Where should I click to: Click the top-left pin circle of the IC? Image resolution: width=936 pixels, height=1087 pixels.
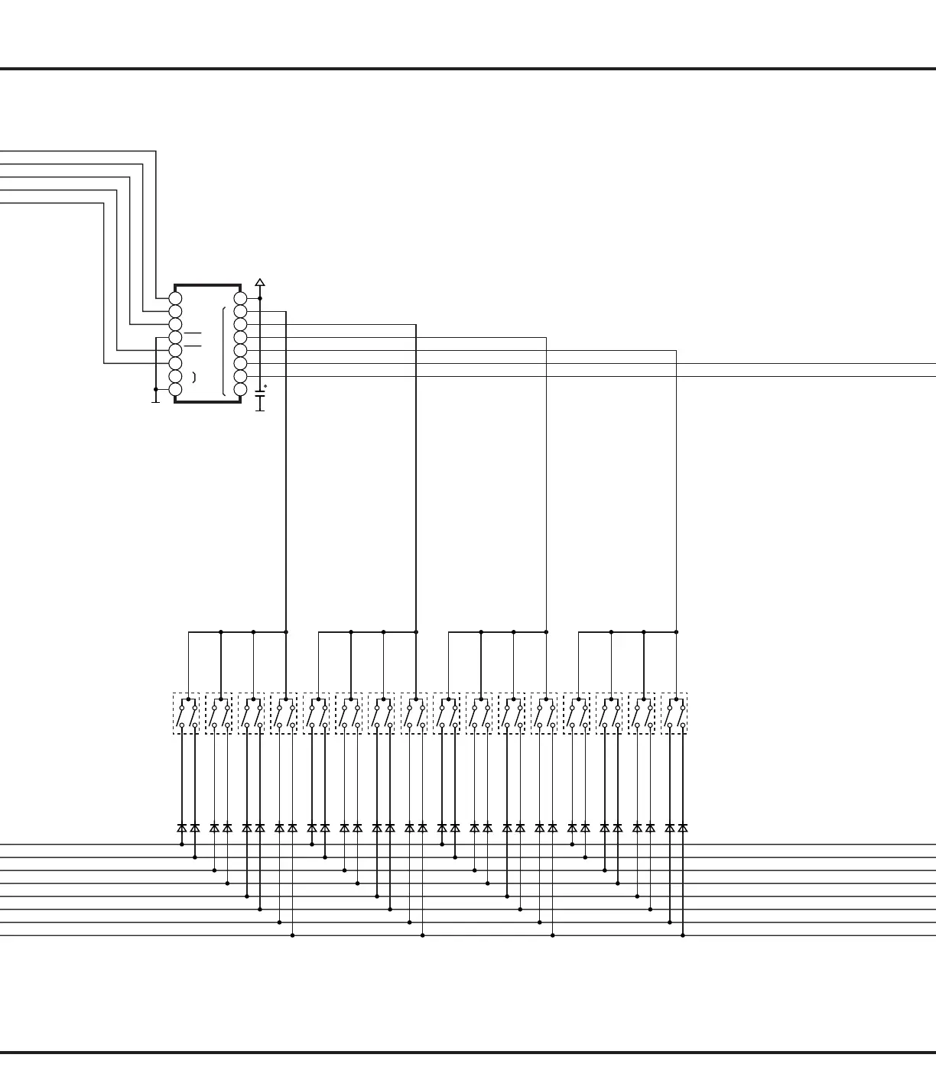coord(175,298)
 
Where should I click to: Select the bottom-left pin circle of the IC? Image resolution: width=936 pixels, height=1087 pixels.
coord(175,390)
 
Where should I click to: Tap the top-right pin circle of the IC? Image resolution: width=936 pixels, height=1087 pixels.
coord(240,298)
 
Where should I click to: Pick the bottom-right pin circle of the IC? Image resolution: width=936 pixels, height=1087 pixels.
coord(240,390)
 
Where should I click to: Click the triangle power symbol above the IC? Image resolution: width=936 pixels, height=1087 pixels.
coord(260,283)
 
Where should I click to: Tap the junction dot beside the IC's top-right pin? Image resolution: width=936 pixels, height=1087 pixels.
coord(260,298)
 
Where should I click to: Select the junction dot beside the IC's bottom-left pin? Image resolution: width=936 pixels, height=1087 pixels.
coord(156,389)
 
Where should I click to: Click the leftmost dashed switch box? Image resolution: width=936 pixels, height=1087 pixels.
coord(186,713)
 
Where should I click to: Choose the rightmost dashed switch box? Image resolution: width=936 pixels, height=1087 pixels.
coord(674,713)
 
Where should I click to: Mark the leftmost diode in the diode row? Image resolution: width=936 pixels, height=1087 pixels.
coord(182,828)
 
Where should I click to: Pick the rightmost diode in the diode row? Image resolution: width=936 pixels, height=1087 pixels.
coord(683,828)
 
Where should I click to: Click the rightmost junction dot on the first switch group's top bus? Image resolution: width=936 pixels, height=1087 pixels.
coord(286,632)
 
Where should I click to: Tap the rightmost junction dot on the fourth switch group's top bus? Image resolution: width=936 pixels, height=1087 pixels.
coord(677,632)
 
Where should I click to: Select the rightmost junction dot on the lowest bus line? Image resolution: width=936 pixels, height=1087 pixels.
coord(683,936)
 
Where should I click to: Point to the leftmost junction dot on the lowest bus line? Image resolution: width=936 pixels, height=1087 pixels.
coord(292,936)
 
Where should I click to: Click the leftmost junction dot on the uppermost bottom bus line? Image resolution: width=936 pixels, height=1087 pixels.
coord(182,845)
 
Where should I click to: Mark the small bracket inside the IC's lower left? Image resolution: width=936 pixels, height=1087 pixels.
coord(194,377)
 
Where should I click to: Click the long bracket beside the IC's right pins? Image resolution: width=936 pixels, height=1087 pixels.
coord(223,352)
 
